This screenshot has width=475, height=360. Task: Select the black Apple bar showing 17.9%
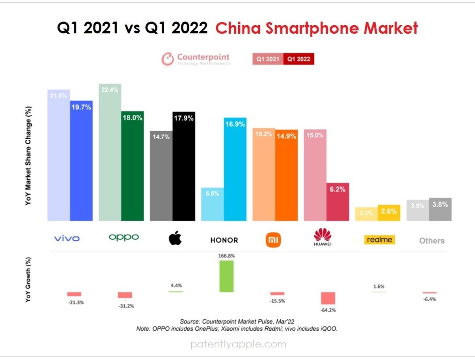pos(184,166)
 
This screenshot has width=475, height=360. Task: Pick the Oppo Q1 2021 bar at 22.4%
pos(110,152)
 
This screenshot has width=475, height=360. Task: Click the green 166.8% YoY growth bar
pos(226,276)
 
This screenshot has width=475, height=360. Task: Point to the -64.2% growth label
pos(328,310)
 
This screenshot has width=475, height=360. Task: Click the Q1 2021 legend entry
pos(268,59)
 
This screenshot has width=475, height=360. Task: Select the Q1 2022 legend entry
pos(299,59)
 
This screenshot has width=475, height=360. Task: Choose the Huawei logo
pos(323,237)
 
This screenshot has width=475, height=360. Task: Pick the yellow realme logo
pos(379,240)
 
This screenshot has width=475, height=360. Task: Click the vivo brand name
pos(66,238)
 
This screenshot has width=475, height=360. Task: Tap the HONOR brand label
pos(224,240)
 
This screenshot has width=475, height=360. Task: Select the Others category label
pos(432,241)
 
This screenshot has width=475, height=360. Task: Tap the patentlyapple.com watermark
pos(238,345)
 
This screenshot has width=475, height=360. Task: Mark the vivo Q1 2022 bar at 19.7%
pos(81,160)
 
